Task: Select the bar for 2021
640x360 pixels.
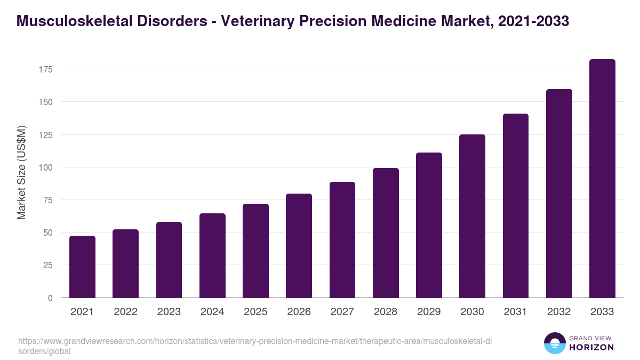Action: (82, 267)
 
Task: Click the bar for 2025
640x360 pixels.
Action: (255, 251)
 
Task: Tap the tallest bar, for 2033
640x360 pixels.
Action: (602, 179)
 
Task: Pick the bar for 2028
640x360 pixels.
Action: (386, 233)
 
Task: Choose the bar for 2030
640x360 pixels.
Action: (472, 216)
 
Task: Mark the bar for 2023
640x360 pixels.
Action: (169, 260)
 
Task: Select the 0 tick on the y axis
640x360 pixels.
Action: (50, 298)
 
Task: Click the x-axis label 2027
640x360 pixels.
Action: (342, 312)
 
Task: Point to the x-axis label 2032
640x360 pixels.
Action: (559, 312)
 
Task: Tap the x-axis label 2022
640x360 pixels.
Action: (125, 312)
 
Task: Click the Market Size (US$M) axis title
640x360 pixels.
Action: (21, 172)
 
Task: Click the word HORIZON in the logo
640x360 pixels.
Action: (591, 347)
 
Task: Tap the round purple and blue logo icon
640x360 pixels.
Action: (554, 343)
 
